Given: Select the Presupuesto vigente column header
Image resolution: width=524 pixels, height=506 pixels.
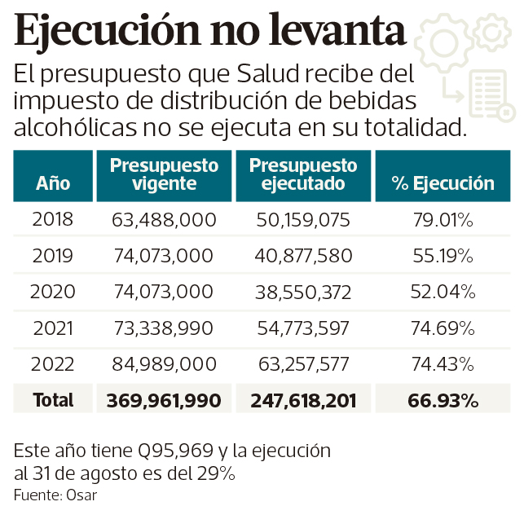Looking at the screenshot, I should [165, 174].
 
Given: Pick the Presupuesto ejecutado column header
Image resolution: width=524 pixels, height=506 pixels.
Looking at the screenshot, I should [303, 174].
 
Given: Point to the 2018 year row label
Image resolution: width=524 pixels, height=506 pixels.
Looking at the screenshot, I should [53, 220].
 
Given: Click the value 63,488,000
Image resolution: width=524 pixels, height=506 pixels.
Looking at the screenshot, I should [165, 220].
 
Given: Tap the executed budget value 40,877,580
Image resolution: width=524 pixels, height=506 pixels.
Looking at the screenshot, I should [303, 256].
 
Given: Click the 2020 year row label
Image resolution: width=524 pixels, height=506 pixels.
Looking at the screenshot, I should [53, 292].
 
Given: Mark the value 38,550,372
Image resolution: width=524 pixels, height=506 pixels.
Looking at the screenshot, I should [303, 292].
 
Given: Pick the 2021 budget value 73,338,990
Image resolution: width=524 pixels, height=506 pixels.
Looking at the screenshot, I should [165, 328].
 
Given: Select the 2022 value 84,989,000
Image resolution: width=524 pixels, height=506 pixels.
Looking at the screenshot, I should [165, 363].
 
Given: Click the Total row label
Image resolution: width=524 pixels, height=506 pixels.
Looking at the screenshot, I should [53, 400].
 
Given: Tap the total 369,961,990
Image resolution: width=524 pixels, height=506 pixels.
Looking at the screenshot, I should [165, 400].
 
